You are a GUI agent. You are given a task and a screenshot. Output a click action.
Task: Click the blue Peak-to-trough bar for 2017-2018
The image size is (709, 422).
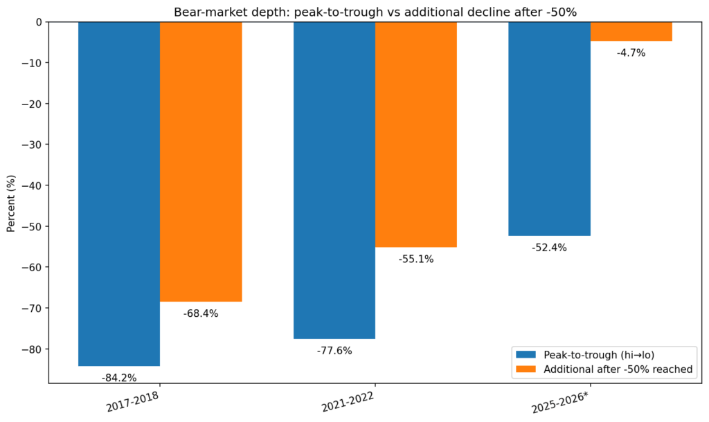[119, 194]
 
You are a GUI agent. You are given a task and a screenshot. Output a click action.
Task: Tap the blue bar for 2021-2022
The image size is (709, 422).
[334, 180]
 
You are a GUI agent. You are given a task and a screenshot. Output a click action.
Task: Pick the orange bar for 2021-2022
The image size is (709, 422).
[416, 134]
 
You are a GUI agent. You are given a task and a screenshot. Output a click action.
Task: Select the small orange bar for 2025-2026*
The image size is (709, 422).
[631, 31]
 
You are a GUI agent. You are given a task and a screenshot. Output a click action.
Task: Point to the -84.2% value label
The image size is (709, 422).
[119, 378]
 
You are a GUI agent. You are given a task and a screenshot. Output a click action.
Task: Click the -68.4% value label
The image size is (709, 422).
[201, 313]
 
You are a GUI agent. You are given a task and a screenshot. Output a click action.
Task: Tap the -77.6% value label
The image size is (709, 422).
[334, 351]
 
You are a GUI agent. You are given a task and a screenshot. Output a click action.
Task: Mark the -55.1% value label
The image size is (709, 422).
[416, 259]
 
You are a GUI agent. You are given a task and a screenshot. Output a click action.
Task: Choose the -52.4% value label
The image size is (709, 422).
[550, 248]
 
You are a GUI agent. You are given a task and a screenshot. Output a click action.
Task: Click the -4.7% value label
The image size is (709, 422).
[631, 53]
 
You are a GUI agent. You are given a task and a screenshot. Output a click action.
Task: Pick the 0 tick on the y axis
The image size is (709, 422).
[39, 21]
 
